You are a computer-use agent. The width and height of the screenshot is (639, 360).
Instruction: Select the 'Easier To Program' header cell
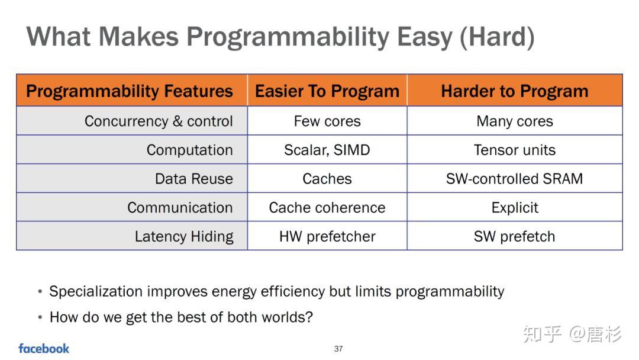[327, 91]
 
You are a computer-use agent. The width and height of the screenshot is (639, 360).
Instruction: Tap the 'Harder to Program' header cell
[515, 91]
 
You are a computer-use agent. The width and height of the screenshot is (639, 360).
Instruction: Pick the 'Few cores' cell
[327, 121]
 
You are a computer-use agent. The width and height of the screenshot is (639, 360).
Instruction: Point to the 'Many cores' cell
[515, 121]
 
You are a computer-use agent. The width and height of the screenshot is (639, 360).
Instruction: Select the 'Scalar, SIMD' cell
[327, 150]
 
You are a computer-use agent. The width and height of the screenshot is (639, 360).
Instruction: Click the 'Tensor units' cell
[515, 150]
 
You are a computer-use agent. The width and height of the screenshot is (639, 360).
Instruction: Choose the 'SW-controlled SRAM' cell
[515, 179]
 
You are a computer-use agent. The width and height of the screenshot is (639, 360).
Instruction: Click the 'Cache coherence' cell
[327, 207]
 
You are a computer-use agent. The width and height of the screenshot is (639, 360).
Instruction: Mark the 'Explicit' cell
[515, 207]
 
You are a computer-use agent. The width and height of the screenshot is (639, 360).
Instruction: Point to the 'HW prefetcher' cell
[327, 236]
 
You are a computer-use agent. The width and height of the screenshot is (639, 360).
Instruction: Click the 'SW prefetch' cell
[515, 236]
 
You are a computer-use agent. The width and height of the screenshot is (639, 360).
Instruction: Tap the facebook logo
[44, 349]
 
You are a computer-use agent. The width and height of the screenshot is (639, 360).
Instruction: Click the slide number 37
[338, 349]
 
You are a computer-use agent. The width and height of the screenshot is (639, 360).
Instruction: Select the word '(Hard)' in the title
[497, 37]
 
